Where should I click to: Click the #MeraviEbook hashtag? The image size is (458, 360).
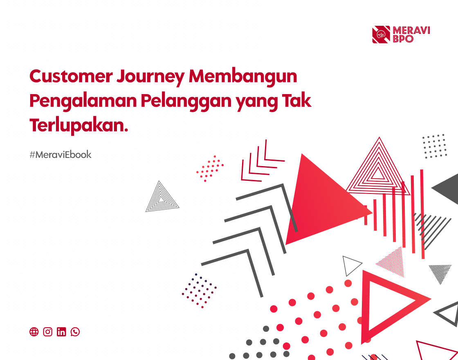point(61,155)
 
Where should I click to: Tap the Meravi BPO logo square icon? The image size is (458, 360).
point(381,35)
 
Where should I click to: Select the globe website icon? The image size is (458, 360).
point(34,332)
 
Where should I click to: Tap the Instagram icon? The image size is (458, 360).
point(48,332)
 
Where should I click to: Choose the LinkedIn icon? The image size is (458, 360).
point(61,332)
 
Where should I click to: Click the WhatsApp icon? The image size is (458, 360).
point(75,332)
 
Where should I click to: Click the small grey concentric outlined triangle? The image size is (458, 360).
point(162,199)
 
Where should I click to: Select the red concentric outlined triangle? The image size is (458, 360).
point(378,170)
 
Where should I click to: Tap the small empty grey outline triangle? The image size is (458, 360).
point(350,265)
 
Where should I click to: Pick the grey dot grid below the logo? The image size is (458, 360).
point(434,146)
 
